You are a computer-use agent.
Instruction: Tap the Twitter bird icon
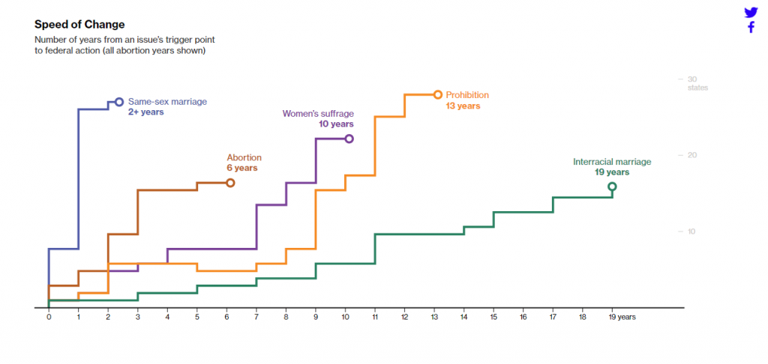tap(751, 13)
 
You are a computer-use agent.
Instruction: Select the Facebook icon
tap(751, 28)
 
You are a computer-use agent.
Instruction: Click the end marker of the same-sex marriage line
tap(119, 102)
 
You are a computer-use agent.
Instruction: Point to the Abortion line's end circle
tap(230, 183)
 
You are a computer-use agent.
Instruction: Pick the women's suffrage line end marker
tap(349, 139)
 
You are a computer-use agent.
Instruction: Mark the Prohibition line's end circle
tap(438, 94)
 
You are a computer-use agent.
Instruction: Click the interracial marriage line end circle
tap(612, 186)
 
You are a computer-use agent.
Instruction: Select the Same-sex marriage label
tap(167, 101)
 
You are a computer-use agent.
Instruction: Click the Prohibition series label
tap(467, 95)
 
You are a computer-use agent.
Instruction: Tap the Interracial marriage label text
tap(612, 162)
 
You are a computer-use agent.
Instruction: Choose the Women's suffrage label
tap(318, 114)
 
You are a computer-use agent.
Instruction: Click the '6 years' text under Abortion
tap(242, 169)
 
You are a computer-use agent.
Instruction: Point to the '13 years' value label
tap(463, 106)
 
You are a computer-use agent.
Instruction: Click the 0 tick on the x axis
tap(49, 317)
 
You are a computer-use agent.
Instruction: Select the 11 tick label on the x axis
tap(375, 317)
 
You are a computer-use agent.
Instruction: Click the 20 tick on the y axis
tap(692, 155)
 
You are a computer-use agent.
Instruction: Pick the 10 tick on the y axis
tap(692, 231)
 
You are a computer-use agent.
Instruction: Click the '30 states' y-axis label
tap(696, 83)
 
